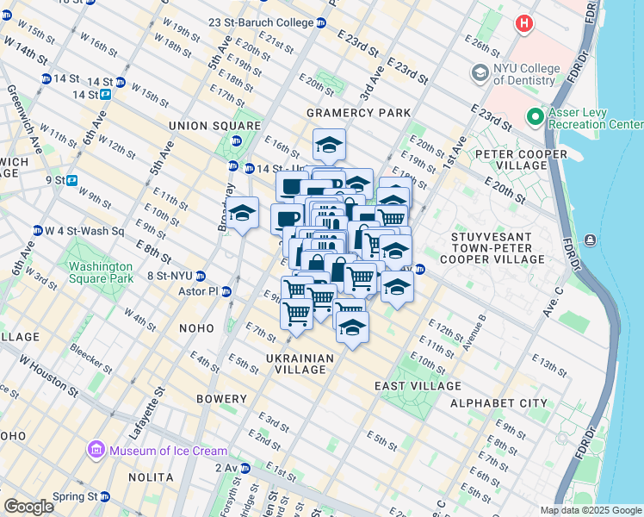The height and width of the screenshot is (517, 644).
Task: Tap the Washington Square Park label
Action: pyautogui.click(x=102, y=272)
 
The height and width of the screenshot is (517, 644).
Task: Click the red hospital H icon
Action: pyautogui.click(x=523, y=23)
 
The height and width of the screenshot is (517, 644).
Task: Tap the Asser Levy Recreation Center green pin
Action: pyautogui.click(x=535, y=115)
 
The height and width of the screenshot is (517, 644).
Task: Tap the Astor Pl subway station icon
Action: pyautogui.click(x=227, y=292)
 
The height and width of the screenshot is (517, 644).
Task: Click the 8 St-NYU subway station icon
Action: pyautogui.click(x=200, y=276)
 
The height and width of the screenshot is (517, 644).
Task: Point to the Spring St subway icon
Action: pyautogui.click(x=104, y=496)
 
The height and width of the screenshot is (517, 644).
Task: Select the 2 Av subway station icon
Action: pyautogui.click(x=245, y=468)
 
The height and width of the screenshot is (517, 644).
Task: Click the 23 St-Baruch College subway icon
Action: pyautogui.click(x=321, y=22)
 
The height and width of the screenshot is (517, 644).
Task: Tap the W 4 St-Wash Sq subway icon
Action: pyautogui.click(x=37, y=231)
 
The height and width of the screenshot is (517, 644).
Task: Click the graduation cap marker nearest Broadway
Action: pyautogui.click(x=243, y=212)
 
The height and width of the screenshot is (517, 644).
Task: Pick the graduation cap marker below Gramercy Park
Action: pyautogui.click(x=328, y=144)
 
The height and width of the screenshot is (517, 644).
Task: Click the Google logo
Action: pyautogui.click(x=28, y=507)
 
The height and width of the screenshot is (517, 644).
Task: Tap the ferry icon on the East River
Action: pyautogui.click(x=590, y=240)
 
